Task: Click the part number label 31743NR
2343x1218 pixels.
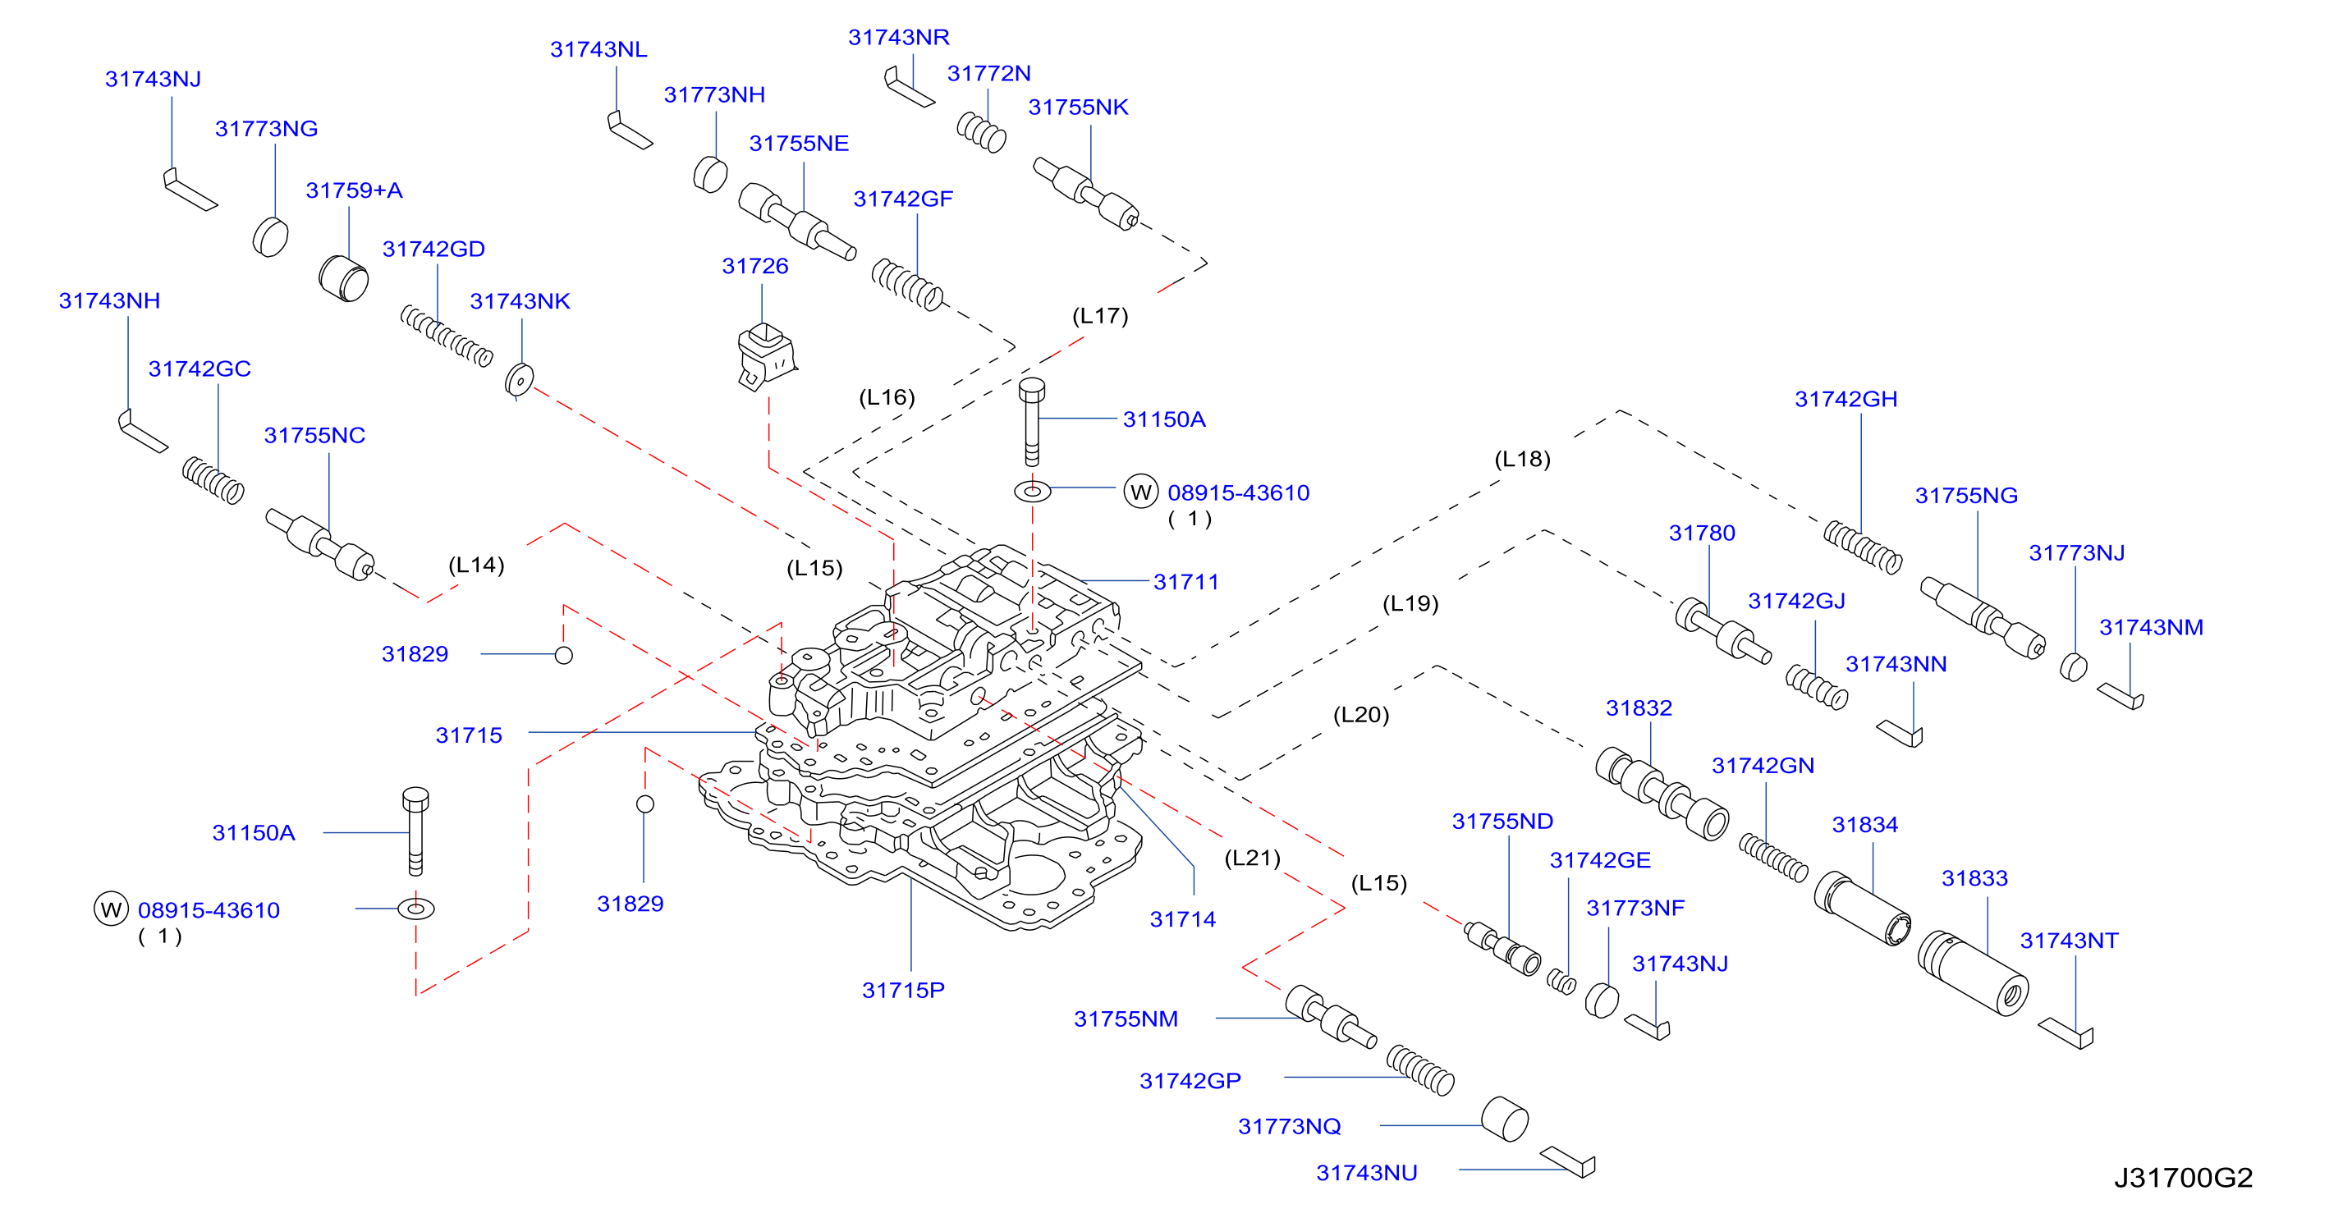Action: tap(899, 37)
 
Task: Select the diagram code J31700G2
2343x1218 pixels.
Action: tap(2183, 1178)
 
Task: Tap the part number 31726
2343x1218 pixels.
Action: tap(755, 266)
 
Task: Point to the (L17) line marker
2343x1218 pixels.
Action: tap(1101, 316)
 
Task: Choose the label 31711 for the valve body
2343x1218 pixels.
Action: tap(1186, 581)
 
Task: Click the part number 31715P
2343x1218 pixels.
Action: tap(903, 990)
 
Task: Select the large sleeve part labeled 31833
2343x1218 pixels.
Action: tap(1973, 973)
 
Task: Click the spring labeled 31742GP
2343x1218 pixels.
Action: tap(1419, 1069)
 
